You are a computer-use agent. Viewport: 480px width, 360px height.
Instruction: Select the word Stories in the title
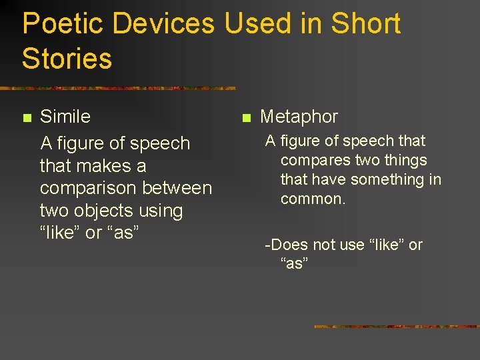(x=67, y=59)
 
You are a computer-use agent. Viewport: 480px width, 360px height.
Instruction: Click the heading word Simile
(x=65, y=117)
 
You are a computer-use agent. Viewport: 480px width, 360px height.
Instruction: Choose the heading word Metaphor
(x=299, y=117)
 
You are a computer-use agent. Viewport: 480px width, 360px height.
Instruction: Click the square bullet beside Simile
(x=27, y=118)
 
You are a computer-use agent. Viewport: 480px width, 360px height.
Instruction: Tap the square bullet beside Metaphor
(x=245, y=118)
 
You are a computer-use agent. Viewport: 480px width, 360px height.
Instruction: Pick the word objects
(x=111, y=211)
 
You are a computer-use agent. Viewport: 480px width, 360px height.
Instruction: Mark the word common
(x=313, y=199)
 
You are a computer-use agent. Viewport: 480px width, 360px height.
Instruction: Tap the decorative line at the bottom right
(x=396, y=327)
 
